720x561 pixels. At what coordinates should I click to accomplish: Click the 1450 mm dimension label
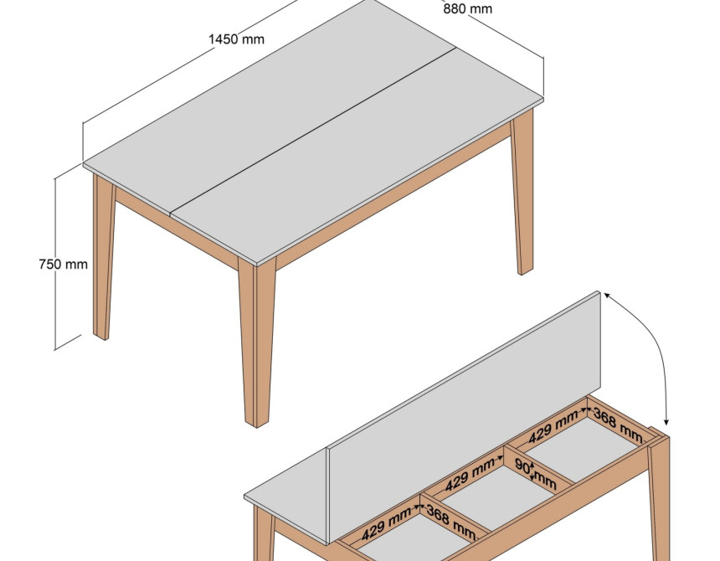(x=236, y=39)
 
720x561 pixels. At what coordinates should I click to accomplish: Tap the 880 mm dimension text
(x=467, y=8)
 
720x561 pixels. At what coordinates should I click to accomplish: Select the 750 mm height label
(x=64, y=264)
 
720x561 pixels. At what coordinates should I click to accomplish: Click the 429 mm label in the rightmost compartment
(x=553, y=427)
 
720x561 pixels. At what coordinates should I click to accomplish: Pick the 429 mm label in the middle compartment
(x=470, y=475)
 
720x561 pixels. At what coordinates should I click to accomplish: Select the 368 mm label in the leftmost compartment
(x=451, y=522)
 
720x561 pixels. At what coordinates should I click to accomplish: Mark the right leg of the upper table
(x=522, y=193)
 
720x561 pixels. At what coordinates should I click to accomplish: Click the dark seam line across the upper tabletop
(x=313, y=131)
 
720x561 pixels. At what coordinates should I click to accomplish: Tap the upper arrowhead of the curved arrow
(x=607, y=296)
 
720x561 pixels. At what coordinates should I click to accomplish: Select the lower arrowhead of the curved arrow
(x=666, y=421)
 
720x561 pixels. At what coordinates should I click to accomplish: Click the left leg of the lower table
(x=264, y=533)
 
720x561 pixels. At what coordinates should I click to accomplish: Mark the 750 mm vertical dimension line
(x=55, y=264)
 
